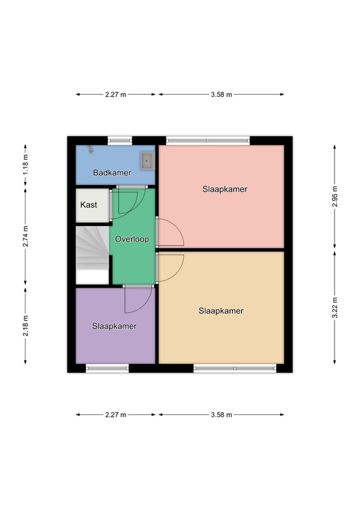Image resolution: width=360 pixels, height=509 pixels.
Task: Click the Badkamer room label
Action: coord(112,172)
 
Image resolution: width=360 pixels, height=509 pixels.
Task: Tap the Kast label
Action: coord(88,205)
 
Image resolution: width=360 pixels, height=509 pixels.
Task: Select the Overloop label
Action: coord(132,239)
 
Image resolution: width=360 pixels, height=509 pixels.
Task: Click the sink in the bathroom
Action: coord(148,161)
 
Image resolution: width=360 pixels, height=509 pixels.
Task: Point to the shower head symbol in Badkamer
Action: coord(90,149)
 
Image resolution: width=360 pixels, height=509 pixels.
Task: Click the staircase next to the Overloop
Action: coord(92,255)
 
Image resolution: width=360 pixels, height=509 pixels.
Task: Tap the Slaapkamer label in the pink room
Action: coord(225,189)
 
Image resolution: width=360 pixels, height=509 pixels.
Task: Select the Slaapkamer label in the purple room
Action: coord(114,326)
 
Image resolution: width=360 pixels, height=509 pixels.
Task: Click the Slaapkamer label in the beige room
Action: coord(221,311)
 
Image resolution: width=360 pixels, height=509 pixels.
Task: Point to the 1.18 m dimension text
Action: coord(25,165)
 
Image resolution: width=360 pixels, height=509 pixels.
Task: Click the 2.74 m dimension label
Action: coord(25,236)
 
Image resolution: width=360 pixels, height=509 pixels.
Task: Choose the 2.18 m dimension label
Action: coord(25,326)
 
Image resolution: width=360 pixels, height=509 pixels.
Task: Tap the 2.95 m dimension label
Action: coord(335,197)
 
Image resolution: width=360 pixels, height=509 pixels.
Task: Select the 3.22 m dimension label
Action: coord(335,308)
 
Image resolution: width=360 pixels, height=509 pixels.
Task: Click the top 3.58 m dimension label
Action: coord(221,95)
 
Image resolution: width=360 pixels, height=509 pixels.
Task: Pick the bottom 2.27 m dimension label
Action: coord(116,415)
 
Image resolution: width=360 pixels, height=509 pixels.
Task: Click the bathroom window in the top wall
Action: coord(120,141)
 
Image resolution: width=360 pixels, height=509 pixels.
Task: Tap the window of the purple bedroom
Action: coord(107,368)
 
